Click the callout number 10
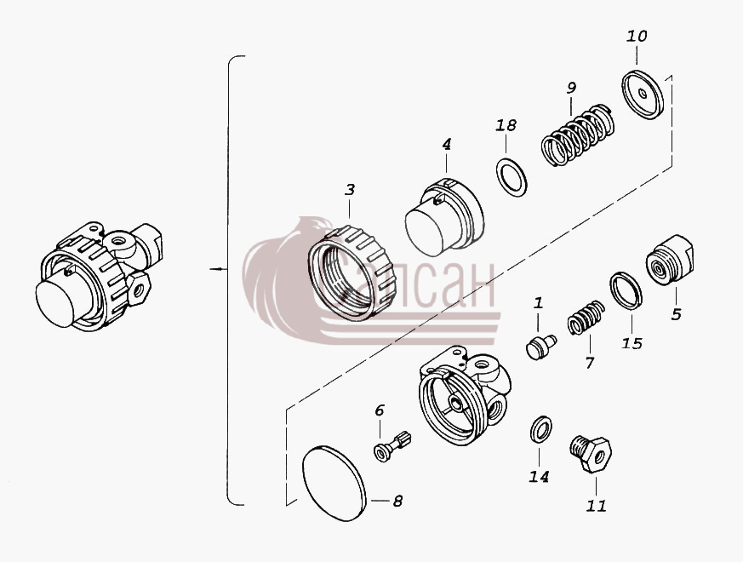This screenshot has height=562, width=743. click(x=637, y=37)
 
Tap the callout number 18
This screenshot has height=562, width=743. click(x=506, y=126)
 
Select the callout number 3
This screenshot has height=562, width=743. click(x=350, y=190)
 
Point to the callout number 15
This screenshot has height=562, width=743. click(x=632, y=343)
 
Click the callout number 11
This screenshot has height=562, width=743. click(x=596, y=506)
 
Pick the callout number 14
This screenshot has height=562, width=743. click(x=540, y=477)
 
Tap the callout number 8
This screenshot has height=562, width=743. click(x=397, y=501)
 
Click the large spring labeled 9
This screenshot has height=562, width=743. click(x=578, y=135)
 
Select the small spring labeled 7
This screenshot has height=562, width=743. click(x=586, y=318)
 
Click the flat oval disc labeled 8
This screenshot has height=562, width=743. click(x=334, y=483)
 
